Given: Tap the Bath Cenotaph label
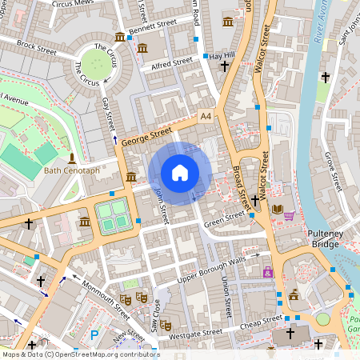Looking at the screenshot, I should click(x=72, y=170).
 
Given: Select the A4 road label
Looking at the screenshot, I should click(x=206, y=117).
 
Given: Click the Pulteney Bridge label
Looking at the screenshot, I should click(x=326, y=236).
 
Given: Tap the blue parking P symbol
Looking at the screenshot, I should click(x=94, y=335).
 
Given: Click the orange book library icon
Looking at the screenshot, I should click(x=278, y=210).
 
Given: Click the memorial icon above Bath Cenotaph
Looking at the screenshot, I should click(x=72, y=158).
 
